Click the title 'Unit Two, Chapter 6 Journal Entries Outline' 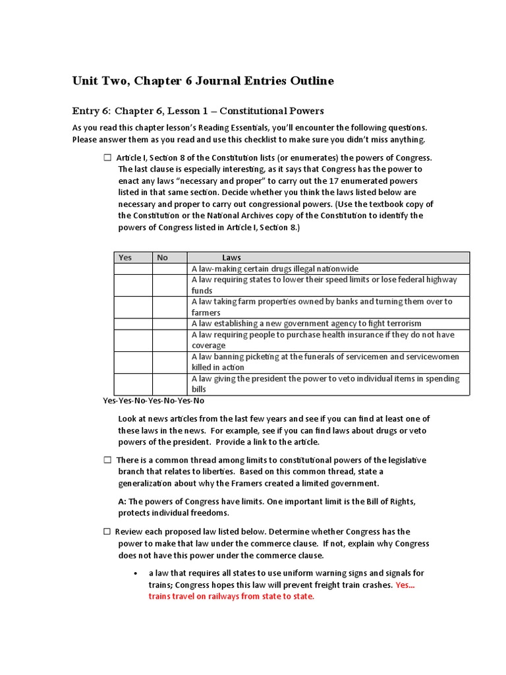[x=203, y=81]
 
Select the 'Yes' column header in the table [x=125, y=258]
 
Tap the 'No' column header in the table [x=163, y=258]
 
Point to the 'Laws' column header [x=231, y=258]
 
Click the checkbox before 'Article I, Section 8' [x=107, y=158]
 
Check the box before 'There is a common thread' [x=107, y=460]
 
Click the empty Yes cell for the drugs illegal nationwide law [x=133, y=269]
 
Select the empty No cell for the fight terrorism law [x=170, y=324]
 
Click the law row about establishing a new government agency [x=306, y=324]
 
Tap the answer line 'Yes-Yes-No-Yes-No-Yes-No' [x=154, y=400]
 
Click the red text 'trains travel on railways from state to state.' [x=232, y=597]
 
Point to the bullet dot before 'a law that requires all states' [x=135, y=573]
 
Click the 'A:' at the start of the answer [x=123, y=502]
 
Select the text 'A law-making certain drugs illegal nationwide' [x=275, y=269]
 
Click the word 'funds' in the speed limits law [x=202, y=291]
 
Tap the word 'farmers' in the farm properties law [x=206, y=312]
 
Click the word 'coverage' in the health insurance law [x=208, y=345]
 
